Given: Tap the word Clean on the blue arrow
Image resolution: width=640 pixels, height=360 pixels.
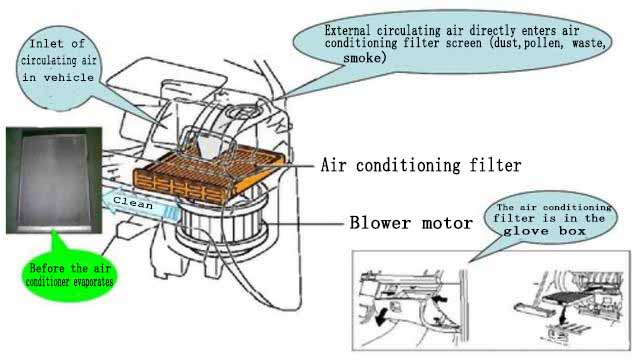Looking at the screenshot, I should coord(133,201).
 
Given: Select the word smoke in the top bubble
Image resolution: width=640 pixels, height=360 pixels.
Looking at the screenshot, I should coord(362,59).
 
